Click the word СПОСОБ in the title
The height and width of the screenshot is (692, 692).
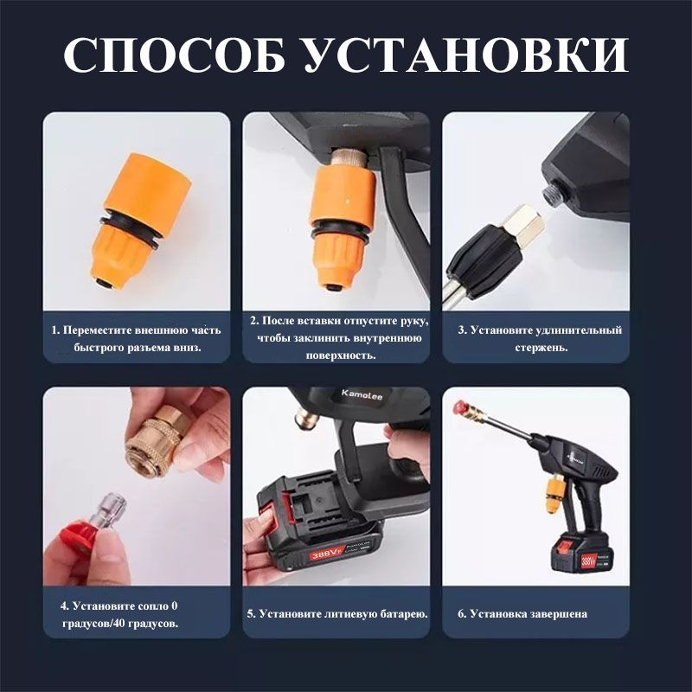tap(175, 54)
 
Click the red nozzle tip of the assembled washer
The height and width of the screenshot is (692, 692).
tap(460, 406)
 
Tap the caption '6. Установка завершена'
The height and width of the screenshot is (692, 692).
tap(522, 614)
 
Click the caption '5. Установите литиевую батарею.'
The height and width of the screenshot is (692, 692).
tap(337, 614)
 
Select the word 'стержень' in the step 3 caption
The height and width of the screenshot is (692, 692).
tap(541, 348)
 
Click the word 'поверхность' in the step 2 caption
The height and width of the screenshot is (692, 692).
tap(341, 356)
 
